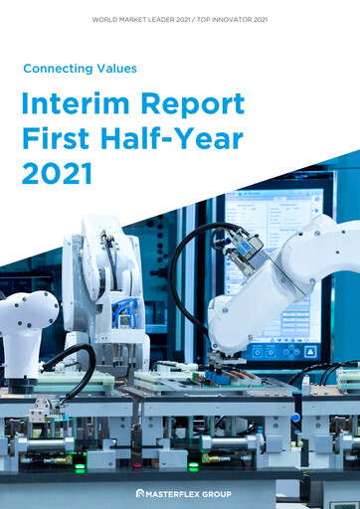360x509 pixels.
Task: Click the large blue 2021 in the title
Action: point(56,174)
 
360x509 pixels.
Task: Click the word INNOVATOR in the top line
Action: point(245,19)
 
